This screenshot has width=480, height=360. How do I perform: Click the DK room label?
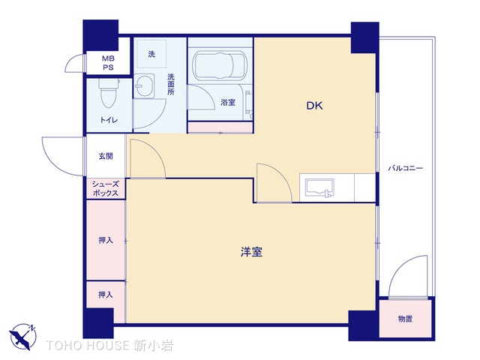coord(314,106)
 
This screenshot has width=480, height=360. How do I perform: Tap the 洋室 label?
coord(251,252)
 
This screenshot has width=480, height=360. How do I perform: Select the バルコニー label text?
coord(405,168)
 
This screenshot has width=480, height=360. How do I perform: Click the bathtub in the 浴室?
coord(219,65)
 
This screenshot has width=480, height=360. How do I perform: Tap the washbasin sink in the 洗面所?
coord(144,85)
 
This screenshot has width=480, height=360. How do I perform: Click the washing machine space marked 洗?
coord(151,53)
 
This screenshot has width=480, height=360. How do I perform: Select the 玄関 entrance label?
coord(106,156)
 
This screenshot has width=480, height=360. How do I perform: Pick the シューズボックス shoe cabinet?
coord(106,188)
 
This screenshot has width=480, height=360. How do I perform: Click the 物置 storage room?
coord(405,319)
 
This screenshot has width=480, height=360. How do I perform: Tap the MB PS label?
coord(108,63)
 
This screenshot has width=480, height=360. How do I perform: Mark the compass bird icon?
coord(22,337)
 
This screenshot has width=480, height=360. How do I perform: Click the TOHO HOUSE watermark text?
coord(109,346)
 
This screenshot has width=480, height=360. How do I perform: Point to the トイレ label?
coord(109,120)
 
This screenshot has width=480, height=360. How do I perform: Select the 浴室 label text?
coord(228,102)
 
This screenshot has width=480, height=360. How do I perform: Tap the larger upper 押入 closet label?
coord(106,240)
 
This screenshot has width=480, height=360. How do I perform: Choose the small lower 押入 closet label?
coord(106,295)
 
